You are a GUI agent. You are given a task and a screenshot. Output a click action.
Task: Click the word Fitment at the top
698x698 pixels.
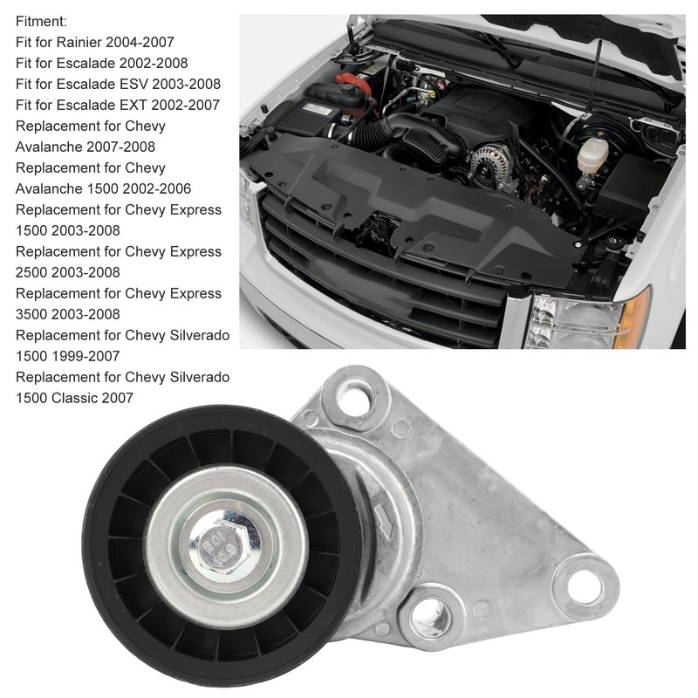coord(40,21)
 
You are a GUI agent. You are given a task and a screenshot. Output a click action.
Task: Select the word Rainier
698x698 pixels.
coord(93,42)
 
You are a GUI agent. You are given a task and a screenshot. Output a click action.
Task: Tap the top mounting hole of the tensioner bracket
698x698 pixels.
coord(355,399)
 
